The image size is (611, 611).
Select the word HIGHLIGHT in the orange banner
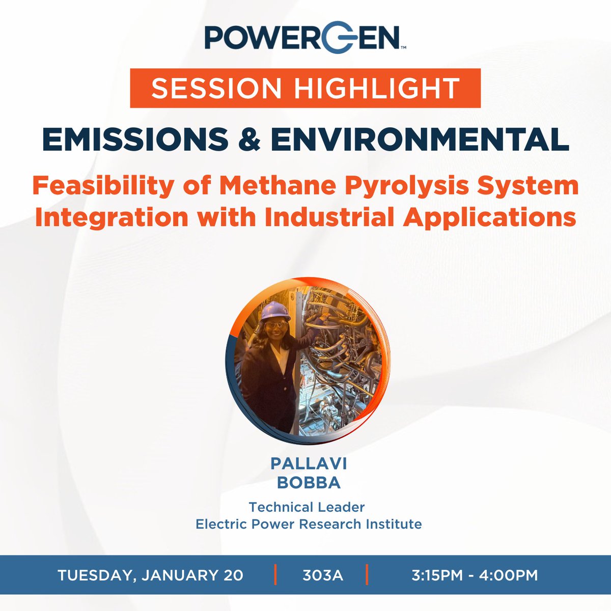pos(377,88)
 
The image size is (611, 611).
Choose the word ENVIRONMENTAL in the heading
pos(420,139)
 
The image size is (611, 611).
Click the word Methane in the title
pos(278,186)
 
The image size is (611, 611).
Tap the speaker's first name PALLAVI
pos(309,463)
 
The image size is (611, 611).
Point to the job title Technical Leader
pos(307,507)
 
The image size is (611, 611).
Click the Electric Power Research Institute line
pos(309,524)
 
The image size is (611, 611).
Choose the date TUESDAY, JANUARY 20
pos(150,575)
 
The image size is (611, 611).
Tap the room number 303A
pos(323,575)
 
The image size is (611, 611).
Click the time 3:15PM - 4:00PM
pos(475,575)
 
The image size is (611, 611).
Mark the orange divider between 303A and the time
pos(366,575)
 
